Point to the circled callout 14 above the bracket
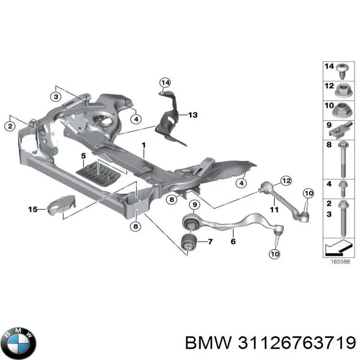point(165,82)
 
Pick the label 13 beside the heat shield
point(193,116)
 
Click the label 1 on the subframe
point(144,145)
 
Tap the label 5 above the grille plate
point(83,156)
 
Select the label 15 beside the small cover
point(33,209)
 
